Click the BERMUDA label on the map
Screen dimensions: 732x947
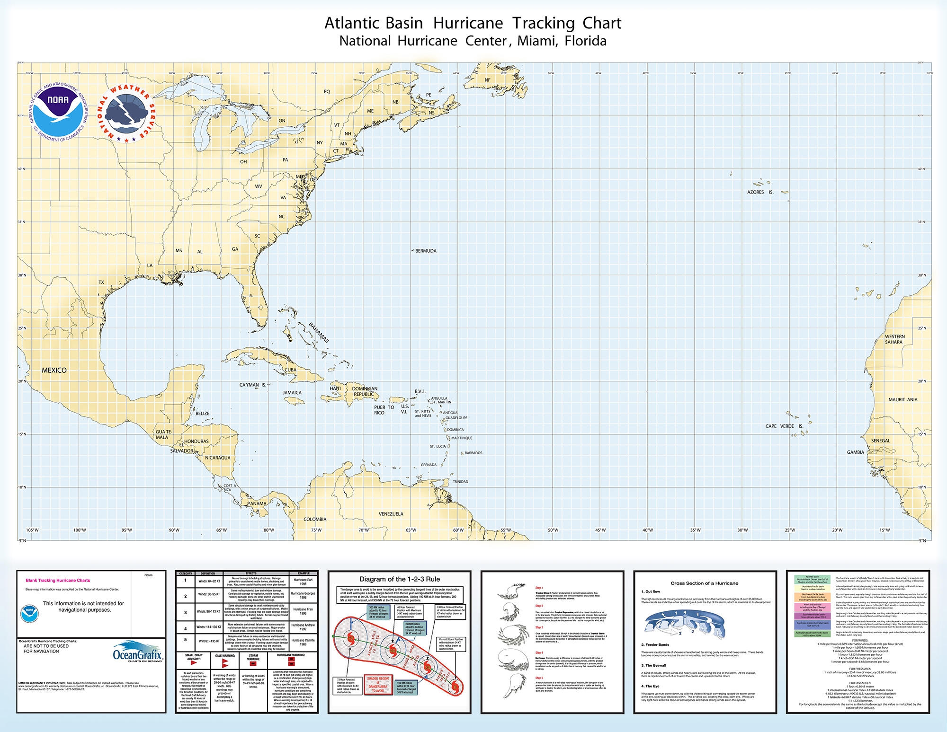tap(426, 251)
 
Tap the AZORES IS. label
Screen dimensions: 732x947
tap(760, 192)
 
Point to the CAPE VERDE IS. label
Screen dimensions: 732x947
tap(784, 426)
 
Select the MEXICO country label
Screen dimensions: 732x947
tap(54, 370)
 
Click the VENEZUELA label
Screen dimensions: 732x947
tap(391, 514)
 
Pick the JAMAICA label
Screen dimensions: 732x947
tap(292, 393)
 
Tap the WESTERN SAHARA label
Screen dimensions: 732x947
tap(894, 339)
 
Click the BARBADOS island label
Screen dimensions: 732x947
tap(473, 453)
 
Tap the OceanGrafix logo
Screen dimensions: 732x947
tap(138, 653)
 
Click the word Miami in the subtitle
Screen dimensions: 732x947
tap(537, 41)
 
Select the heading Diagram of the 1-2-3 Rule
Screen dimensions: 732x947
tap(400, 579)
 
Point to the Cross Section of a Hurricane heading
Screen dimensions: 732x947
tap(704, 583)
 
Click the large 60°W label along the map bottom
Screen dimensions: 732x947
tap(458, 530)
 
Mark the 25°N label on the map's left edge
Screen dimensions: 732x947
tap(22, 328)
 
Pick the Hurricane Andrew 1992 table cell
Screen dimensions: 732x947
tap(303, 627)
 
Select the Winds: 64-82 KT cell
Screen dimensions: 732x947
tap(209, 581)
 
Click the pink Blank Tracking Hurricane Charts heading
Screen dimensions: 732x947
tap(58, 580)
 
